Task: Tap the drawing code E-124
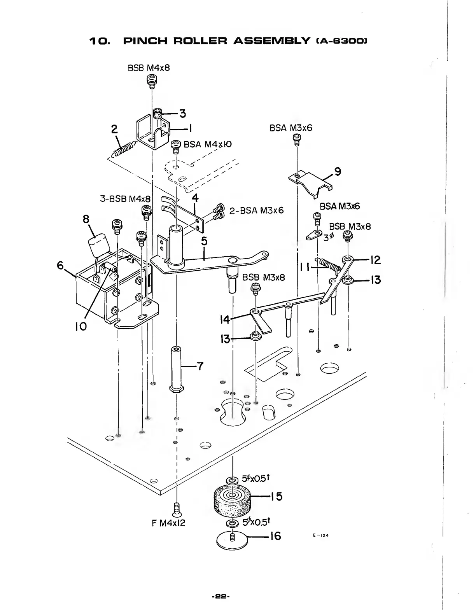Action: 321,535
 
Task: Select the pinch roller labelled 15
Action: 232,500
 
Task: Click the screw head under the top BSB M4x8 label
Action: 151,80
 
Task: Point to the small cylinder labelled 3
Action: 158,114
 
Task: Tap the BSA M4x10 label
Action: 207,145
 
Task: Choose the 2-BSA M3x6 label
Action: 256,211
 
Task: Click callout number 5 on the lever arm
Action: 203,242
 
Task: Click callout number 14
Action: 224,320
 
